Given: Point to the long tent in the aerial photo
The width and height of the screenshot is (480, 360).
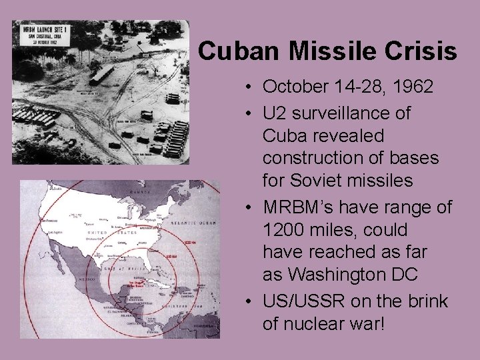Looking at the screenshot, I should pos(103,74).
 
